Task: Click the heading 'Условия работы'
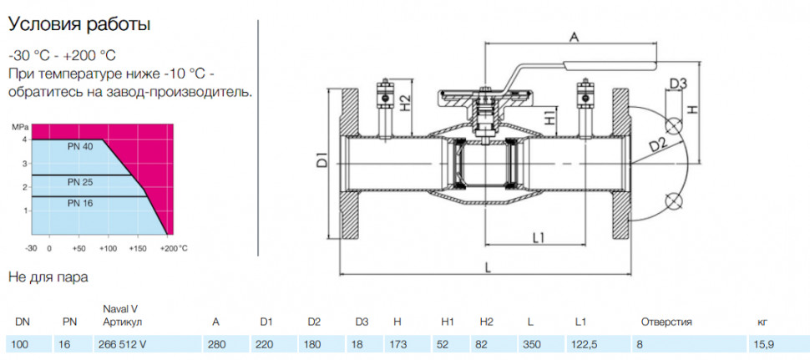(x=79, y=25)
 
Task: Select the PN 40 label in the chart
(x=80, y=147)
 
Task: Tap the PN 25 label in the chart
(x=80, y=182)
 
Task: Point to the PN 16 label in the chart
(x=80, y=204)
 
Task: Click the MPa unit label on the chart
(x=18, y=126)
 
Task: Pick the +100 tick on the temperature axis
(x=108, y=248)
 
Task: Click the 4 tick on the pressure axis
(x=24, y=140)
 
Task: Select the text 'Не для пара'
(x=48, y=277)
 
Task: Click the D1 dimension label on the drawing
(x=321, y=160)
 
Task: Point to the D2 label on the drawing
(x=657, y=145)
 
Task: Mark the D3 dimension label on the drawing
(x=677, y=84)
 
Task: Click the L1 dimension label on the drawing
(x=539, y=237)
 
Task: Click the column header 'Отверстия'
(x=666, y=322)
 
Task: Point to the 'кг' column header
(x=762, y=322)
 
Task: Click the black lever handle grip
(x=610, y=64)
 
